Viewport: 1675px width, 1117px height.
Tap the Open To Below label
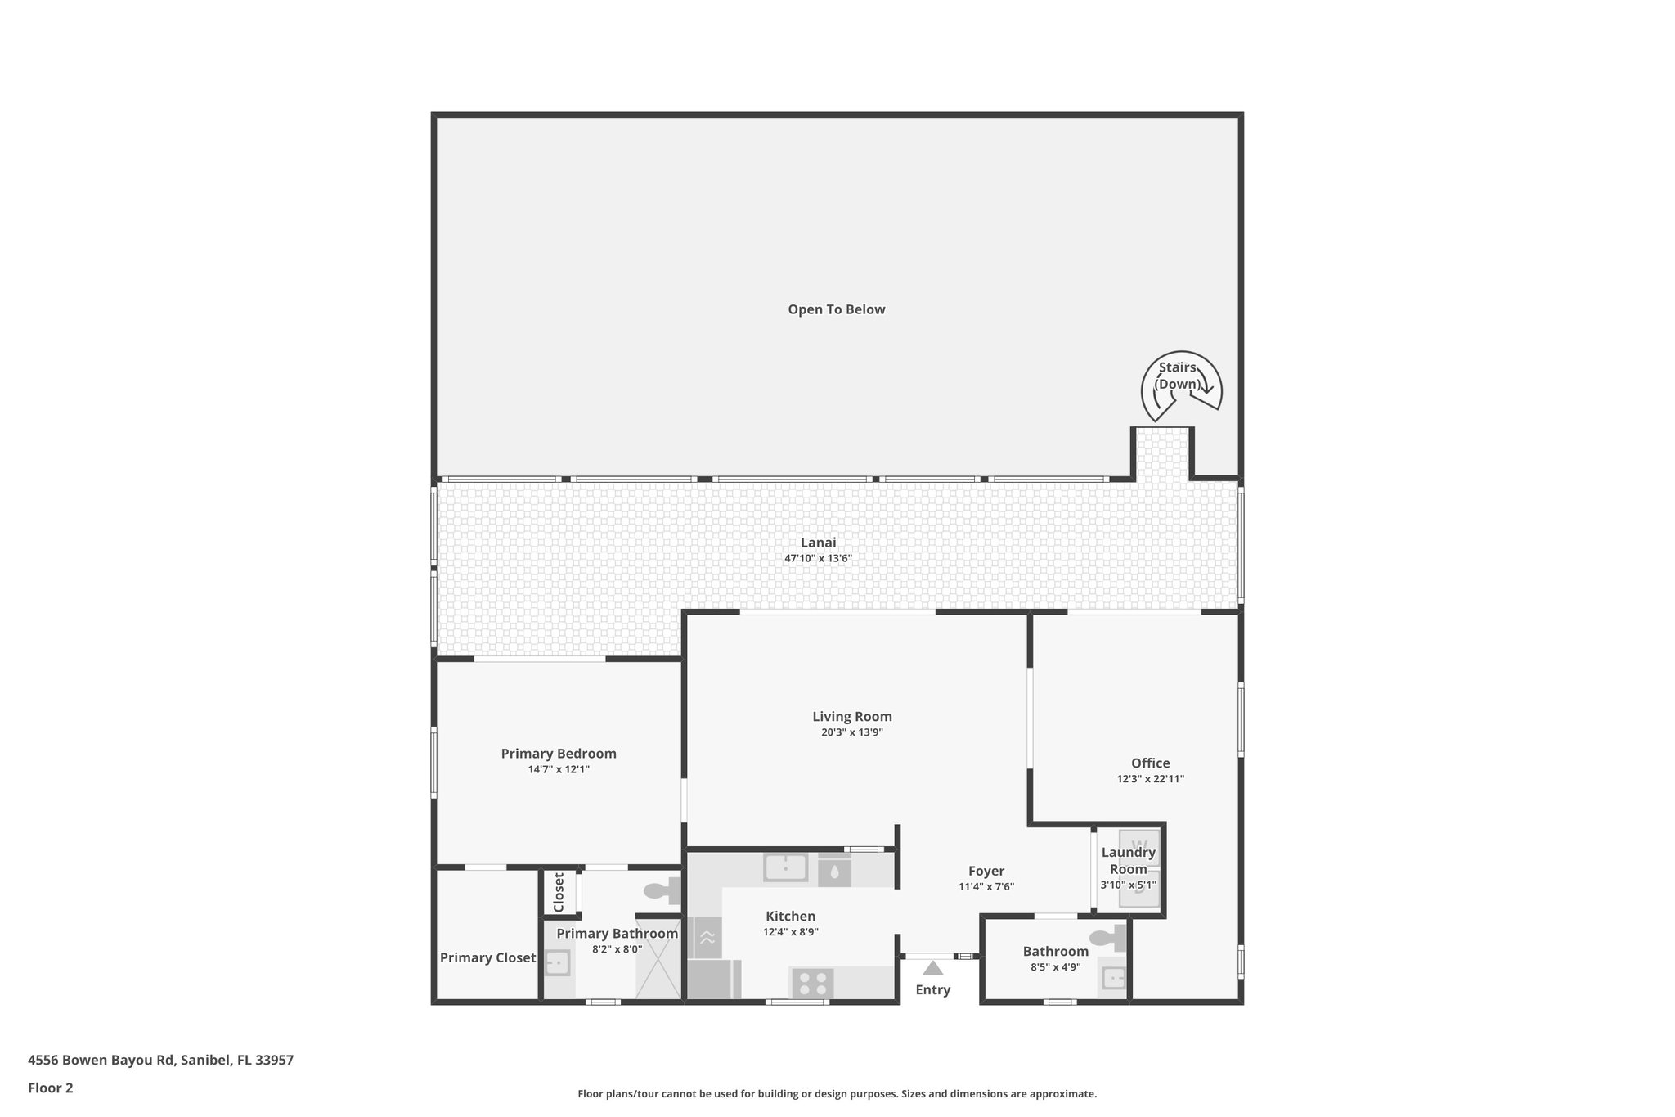(x=837, y=309)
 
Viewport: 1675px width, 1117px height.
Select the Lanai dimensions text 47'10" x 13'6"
(x=818, y=559)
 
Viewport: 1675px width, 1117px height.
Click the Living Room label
(x=852, y=717)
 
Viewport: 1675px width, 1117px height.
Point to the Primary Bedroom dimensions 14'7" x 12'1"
(x=559, y=769)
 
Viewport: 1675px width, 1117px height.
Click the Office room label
(x=1151, y=763)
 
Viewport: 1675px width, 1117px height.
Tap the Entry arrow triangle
(x=933, y=968)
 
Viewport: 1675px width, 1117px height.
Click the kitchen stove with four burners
(x=811, y=983)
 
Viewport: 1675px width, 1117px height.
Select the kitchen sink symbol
(x=785, y=867)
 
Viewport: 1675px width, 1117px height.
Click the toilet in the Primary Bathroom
(x=663, y=890)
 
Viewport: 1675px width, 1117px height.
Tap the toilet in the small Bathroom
(x=1108, y=937)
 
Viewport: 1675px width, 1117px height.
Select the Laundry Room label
(x=1129, y=861)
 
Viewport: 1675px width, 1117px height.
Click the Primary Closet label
(x=488, y=958)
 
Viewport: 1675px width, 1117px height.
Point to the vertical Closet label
(x=559, y=892)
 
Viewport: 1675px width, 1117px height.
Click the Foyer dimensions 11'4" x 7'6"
(x=986, y=887)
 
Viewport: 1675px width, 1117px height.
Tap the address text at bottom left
(x=160, y=1060)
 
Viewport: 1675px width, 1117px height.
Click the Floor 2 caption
(x=51, y=1088)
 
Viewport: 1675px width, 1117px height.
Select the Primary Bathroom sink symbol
(x=558, y=962)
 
